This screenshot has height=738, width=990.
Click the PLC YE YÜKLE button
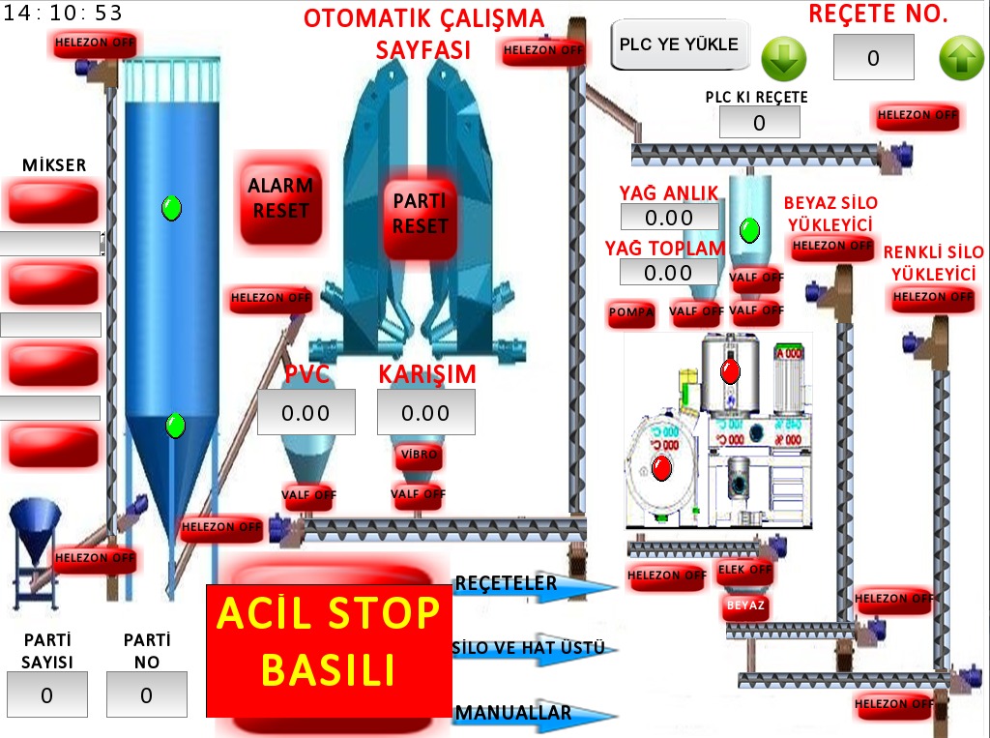[x=680, y=44]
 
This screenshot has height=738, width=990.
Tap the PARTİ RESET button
[x=420, y=214]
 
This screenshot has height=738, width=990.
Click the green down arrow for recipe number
[x=783, y=59]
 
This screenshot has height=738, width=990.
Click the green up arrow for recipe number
[x=961, y=59]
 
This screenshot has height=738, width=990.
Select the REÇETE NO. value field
[x=873, y=58]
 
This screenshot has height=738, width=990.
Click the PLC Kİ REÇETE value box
[x=759, y=123]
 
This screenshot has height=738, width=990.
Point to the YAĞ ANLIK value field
[x=669, y=218]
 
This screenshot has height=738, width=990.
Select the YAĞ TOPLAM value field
[x=669, y=273]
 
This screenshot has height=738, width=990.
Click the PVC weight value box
[x=306, y=413]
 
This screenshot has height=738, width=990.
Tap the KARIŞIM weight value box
[x=425, y=413]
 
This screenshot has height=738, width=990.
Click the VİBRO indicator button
[x=419, y=455]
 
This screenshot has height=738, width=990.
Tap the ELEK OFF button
[x=744, y=570]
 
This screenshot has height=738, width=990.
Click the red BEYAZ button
[x=744, y=606]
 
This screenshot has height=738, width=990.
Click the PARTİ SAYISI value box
[x=46, y=694]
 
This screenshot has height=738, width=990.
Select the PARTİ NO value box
[x=146, y=694]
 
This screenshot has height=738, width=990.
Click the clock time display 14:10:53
[x=66, y=13]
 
